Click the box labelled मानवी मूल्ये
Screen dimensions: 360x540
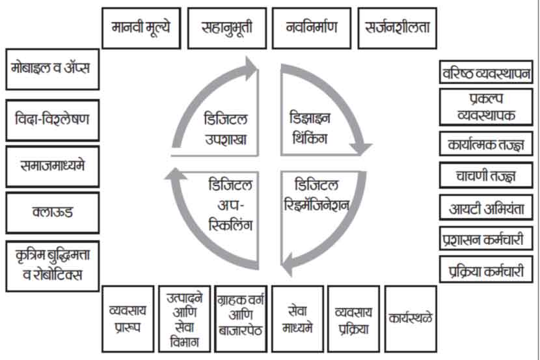tap(141, 28)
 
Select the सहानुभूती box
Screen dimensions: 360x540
tap(225, 28)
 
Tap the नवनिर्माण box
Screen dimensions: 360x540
tap(309, 28)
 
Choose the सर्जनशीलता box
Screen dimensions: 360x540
tap(397, 28)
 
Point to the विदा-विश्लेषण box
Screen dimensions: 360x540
tap(51, 120)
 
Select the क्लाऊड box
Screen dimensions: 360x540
tap(51, 212)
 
